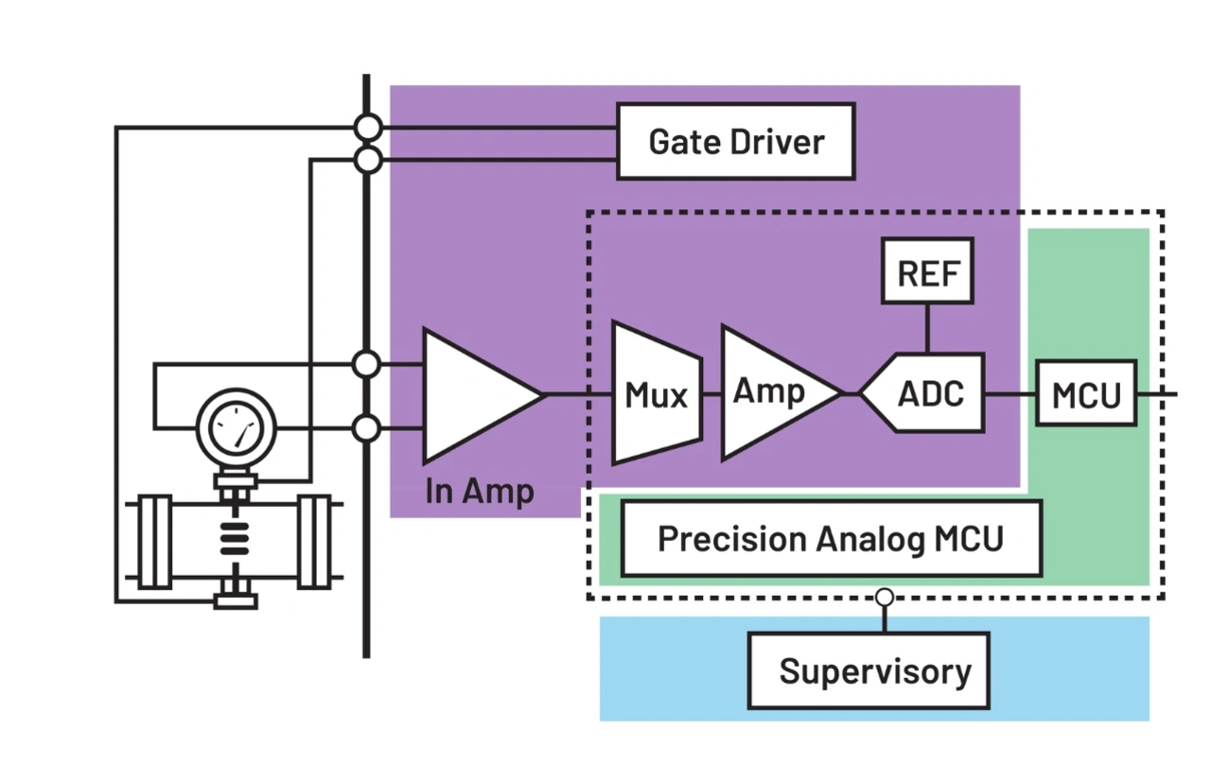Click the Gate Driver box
click(x=735, y=142)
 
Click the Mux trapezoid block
click(x=657, y=393)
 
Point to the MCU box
click(x=1086, y=392)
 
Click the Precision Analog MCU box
click(x=830, y=539)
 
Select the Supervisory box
click(x=869, y=671)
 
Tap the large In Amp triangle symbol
click(x=473, y=395)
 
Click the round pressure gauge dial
click(x=236, y=430)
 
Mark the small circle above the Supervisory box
click(x=884, y=598)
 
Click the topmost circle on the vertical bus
click(x=367, y=126)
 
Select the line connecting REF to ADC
click(x=927, y=328)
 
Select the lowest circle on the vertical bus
click(x=366, y=429)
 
